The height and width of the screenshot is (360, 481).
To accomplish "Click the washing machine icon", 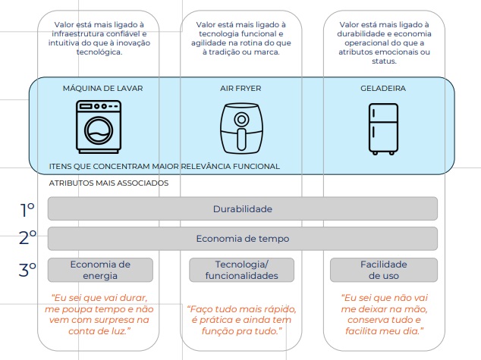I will (98, 126).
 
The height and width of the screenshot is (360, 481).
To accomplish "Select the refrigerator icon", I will (382, 126).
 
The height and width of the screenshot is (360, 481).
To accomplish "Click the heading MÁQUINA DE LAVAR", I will (102, 88).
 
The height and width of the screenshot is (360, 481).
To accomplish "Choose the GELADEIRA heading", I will (382, 88).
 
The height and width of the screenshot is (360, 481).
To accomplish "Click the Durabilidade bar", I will (242, 208).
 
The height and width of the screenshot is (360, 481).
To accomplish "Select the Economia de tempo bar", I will (242, 239).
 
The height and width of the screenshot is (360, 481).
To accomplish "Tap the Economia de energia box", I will (100, 270).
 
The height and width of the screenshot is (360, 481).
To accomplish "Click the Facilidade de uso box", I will (383, 270).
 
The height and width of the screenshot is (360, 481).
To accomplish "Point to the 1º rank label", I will (27, 210).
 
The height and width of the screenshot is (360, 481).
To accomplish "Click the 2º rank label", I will (28, 239).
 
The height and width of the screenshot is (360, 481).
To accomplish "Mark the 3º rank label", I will (28, 269).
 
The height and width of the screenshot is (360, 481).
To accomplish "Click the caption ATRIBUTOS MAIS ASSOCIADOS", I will (108, 183).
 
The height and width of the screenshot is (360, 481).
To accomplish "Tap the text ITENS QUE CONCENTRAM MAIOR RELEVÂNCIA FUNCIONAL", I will (164, 166).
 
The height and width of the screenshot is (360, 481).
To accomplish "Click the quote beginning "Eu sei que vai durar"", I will (99, 314).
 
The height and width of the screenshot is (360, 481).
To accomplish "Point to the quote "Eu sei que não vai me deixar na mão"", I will (383, 314).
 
